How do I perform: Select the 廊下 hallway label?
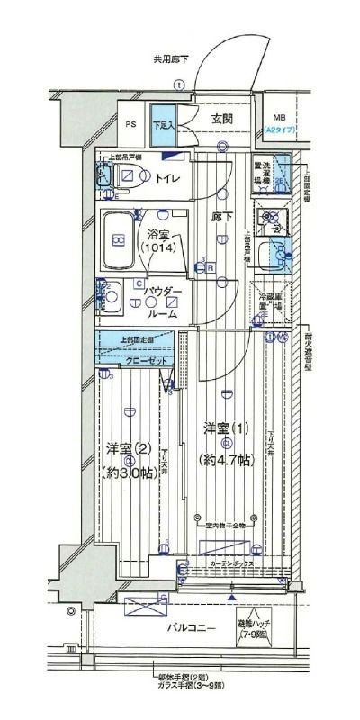click(220, 217)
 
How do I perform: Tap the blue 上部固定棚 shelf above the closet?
click(135, 339)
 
